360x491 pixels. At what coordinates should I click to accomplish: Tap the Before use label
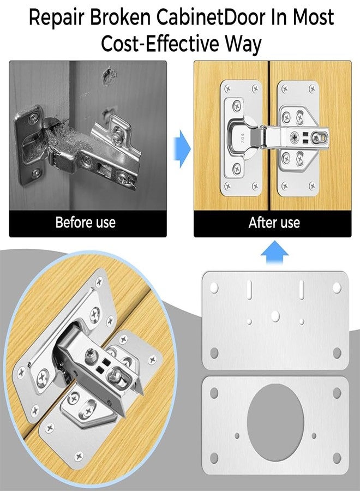coord(86,223)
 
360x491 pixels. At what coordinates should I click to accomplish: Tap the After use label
coord(274,223)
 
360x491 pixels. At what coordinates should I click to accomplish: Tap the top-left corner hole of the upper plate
coord(214,286)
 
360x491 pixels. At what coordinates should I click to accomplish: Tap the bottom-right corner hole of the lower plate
coord(337,457)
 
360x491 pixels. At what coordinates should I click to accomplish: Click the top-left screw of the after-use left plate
coord(225,88)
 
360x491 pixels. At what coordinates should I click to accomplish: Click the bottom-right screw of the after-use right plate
coord(312,185)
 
